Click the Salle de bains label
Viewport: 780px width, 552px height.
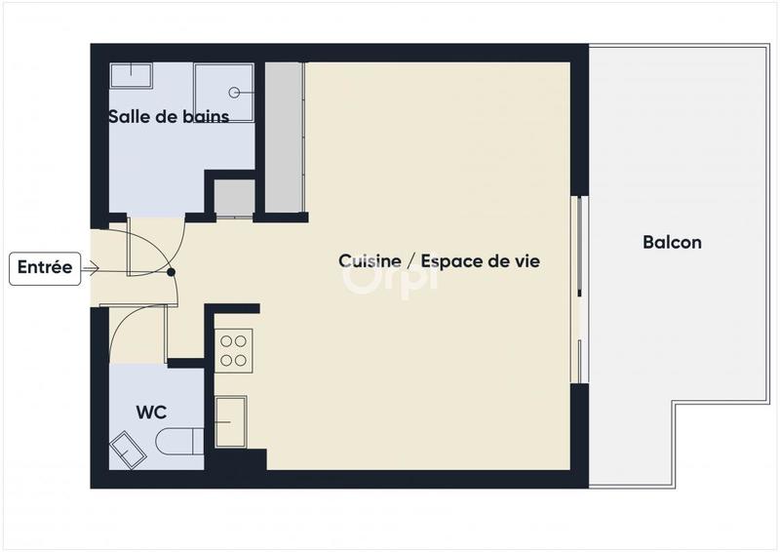click(169, 117)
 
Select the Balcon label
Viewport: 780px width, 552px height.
click(672, 242)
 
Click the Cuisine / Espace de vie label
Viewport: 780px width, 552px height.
click(439, 261)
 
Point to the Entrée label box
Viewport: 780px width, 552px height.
click(45, 268)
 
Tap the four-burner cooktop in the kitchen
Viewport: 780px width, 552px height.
click(234, 348)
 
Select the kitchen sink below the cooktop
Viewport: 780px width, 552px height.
click(232, 421)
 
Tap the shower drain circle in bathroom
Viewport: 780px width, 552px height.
click(235, 93)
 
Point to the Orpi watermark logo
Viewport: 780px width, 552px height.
click(390, 276)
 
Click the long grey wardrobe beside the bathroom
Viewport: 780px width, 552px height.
click(285, 137)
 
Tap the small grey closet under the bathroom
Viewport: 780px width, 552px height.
click(234, 197)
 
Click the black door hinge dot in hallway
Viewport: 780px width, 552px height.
click(172, 273)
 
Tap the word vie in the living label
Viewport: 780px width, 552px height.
click(526, 261)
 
